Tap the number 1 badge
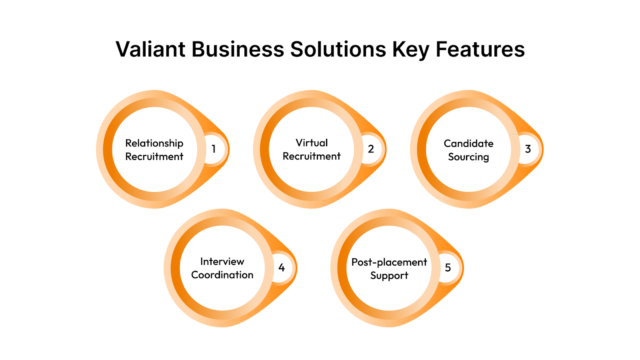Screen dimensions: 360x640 (212, 150)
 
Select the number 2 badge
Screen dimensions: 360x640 (370, 150)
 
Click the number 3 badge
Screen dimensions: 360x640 (527, 150)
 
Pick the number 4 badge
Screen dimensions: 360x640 (282, 268)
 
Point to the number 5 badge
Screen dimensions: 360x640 (447, 268)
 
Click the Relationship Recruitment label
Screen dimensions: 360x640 (154, 150)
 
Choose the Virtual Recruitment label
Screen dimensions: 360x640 (312, 150)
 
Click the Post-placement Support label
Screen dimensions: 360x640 (389, 268)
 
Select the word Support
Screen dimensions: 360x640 (389, 275)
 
